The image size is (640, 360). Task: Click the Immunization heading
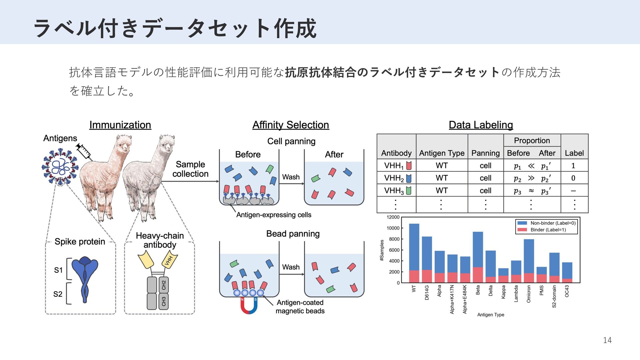tap(120, 125)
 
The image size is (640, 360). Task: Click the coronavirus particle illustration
tap(60, 167)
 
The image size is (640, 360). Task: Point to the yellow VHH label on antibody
tap(169, 260)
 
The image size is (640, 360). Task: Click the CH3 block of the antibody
tap(164, 301)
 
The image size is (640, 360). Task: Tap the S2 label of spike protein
tap(58, 294)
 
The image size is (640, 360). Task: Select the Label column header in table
tap(574, 153)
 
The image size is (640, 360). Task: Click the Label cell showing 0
tap(573, 178)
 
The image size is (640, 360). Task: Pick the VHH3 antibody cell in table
tap(396, 191)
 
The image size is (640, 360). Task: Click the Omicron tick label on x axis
tap(528, 294)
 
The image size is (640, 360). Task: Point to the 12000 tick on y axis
tap(393, 217)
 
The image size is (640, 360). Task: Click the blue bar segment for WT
tap(414, 247)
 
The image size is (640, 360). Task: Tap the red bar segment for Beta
tap(478, 275)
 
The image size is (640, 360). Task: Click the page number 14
tap(607, 340)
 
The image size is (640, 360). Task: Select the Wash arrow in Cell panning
tap(291, 182)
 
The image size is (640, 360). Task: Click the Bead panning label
tap(293, 234)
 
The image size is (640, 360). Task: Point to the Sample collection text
tap(190, 169)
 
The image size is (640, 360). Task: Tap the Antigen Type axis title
tap(490, 315)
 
